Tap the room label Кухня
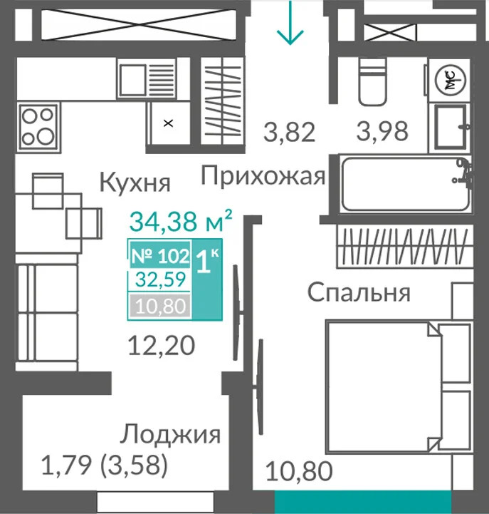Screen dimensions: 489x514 135,183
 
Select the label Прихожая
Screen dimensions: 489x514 263,176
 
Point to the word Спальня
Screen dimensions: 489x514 359,292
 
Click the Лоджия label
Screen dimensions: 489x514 170,436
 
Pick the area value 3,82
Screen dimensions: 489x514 290,132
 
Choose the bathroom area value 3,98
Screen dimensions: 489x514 382,131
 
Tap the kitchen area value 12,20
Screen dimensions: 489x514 162,346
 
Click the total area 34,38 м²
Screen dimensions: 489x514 181,221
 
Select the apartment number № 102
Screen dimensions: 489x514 160,256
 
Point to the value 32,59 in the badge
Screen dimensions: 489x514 161,279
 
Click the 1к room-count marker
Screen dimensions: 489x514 207,261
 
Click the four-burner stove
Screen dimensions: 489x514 39,126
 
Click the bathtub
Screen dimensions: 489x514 406,184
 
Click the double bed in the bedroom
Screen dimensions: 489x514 399,387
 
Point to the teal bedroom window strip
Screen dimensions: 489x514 363,502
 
